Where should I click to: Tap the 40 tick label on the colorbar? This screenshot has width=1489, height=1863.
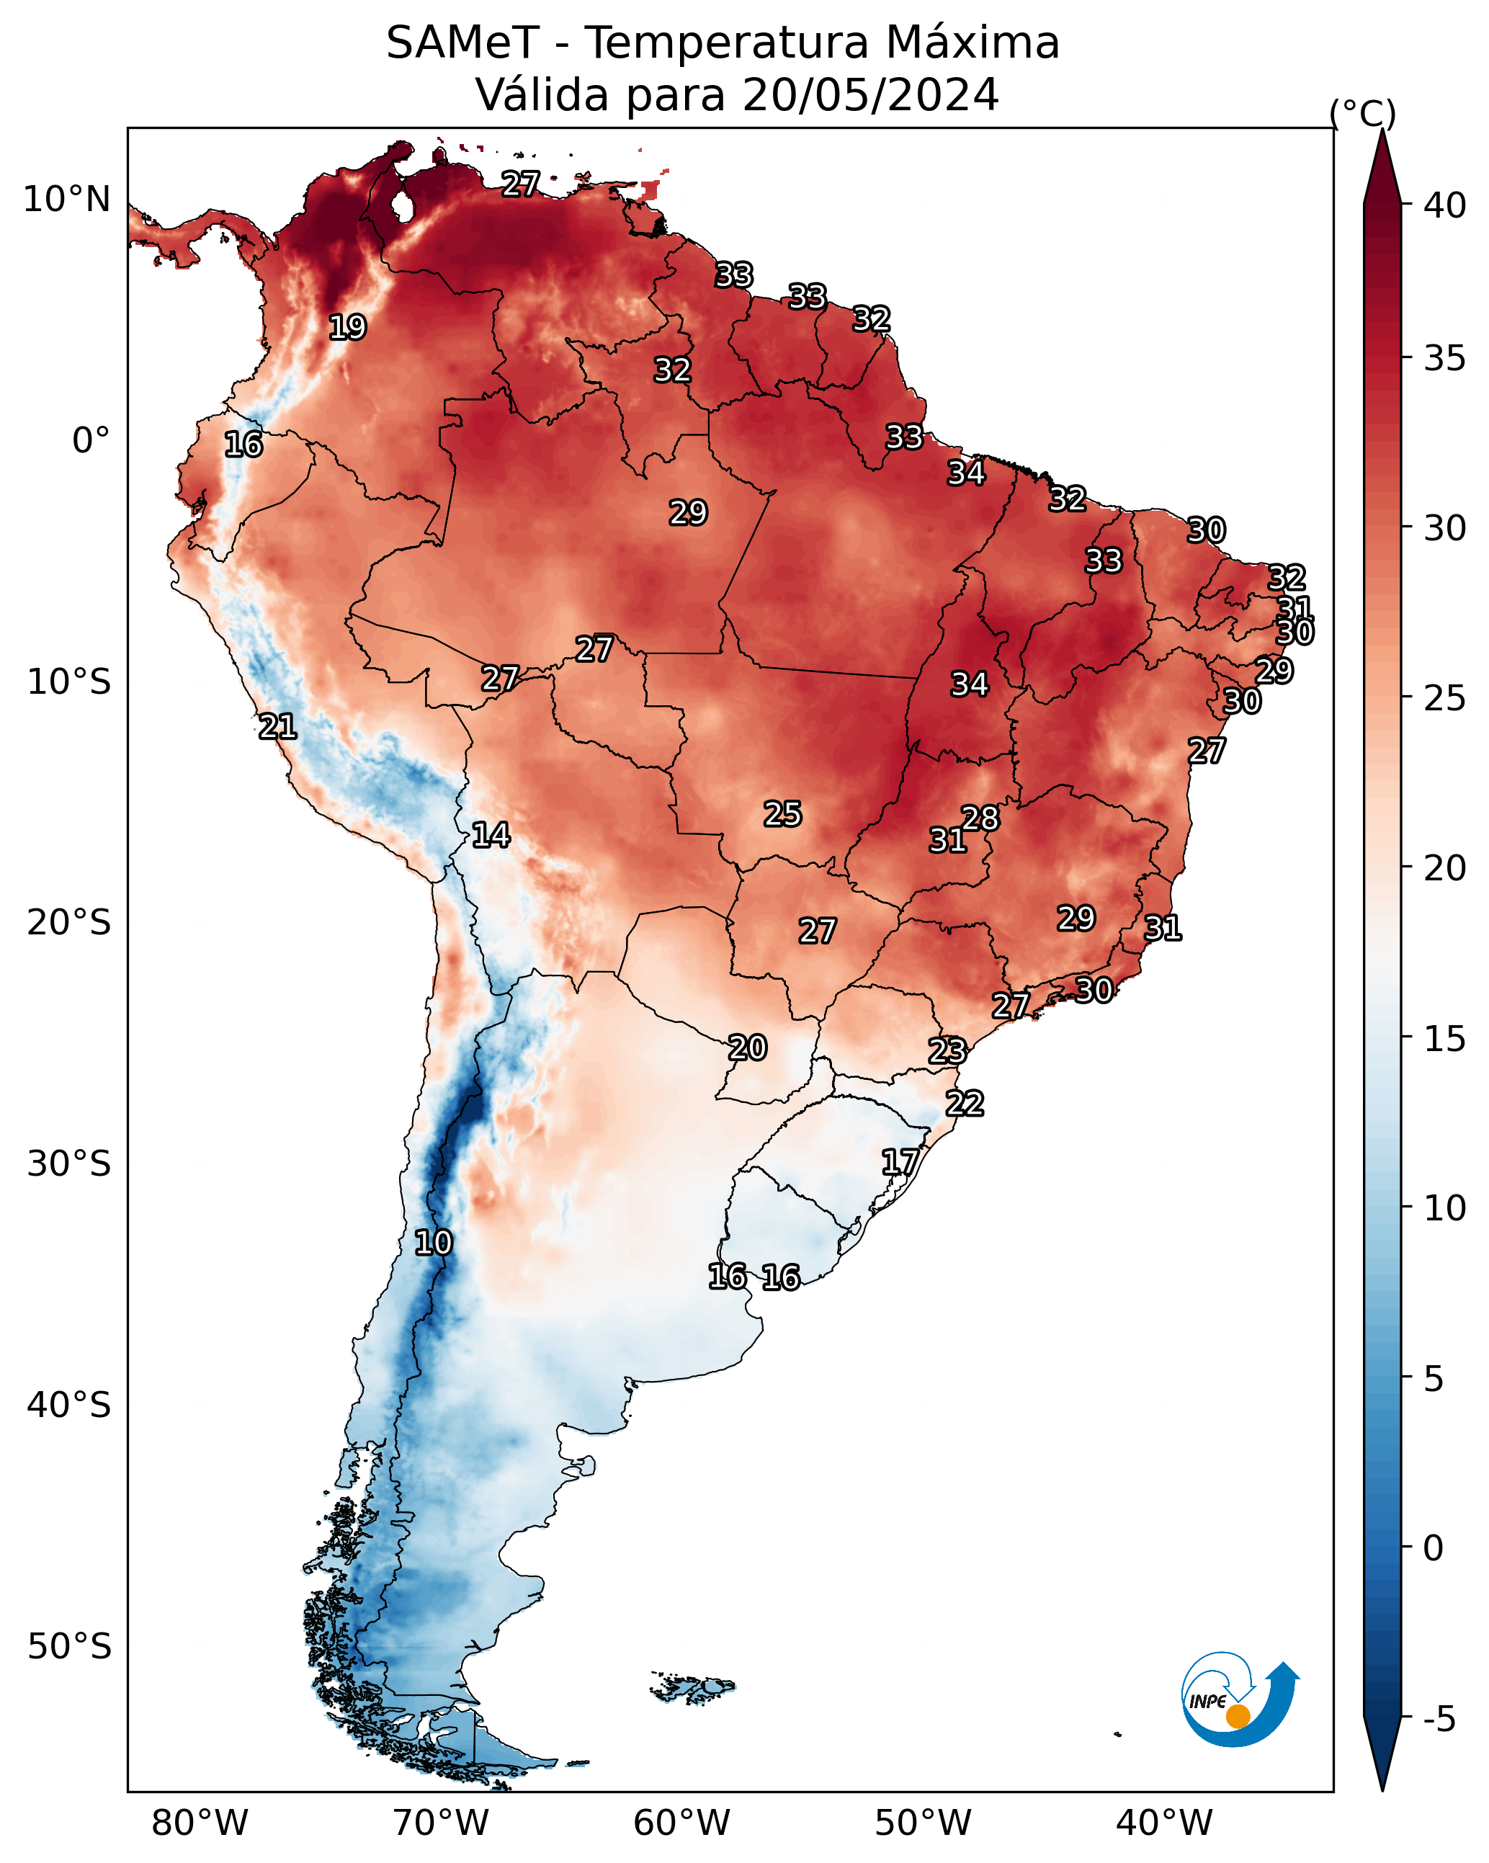1445,205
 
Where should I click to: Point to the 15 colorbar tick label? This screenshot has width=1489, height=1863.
1445,1039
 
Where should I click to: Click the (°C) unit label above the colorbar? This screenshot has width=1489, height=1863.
1363,113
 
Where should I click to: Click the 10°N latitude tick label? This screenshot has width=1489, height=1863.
66,200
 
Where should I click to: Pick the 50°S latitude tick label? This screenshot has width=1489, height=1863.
69,1647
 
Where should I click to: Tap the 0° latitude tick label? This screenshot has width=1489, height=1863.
91,441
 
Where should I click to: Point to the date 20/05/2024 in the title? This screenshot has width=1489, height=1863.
871,95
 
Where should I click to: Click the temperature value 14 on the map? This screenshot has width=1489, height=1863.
491,835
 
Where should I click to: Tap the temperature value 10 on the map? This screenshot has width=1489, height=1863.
433,1243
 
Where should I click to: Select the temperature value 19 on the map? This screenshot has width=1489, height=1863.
347,328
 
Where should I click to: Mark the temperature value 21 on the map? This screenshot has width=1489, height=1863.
277,727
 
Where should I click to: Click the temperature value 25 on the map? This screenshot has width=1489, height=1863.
783,814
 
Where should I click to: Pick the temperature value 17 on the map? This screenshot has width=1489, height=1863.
900,1162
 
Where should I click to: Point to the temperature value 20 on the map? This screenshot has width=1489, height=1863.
748,1048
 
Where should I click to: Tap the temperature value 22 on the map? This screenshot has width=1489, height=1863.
965,1104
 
